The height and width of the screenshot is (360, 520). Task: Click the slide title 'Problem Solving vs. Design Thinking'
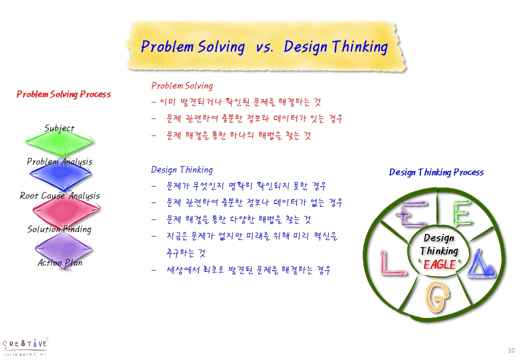(x=264, y=47)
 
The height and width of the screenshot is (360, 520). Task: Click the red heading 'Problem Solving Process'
(x=63, y=94)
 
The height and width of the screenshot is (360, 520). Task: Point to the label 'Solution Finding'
(x=59, y=229)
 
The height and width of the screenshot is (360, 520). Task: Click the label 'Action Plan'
(x=60, y=262)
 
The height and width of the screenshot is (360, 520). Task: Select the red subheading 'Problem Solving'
(x=182, y=86)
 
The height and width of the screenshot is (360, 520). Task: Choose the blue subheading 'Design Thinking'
(x=182, y=170)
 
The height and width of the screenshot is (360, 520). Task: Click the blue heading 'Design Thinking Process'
(x=436, y=172)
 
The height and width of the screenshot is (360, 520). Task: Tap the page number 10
(x=511, y=349)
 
